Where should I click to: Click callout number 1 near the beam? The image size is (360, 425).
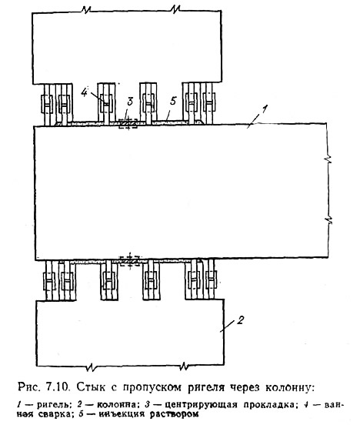pyautogui.click(x=264, y=110)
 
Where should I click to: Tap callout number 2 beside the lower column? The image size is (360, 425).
pyautogui.click(x=240, y=320)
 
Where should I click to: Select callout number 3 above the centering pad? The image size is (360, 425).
pyautogui.click(x=130, y=102)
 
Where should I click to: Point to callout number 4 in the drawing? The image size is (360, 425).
pyautogui.click(x=84, y=93)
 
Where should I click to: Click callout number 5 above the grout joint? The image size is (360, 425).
pyautogui.click(x=173, y=102)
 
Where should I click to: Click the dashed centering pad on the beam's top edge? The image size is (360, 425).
pyautogui.click(x=128, y=124)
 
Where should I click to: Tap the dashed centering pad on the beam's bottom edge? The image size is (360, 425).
pyautogui.click(x=130, y=260)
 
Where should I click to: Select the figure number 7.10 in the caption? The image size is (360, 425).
pyautogui.click(x=58, y=387)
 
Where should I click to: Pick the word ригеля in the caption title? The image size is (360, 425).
pyautogui.click(x=206, y=387)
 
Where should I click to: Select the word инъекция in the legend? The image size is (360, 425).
pyautogui.click(x=122, y=414)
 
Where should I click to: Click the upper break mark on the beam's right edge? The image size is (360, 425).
pyautogui.click(x=328, y=160)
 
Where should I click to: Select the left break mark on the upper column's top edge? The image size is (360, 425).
pyautogui.click(x=86, y=10)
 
